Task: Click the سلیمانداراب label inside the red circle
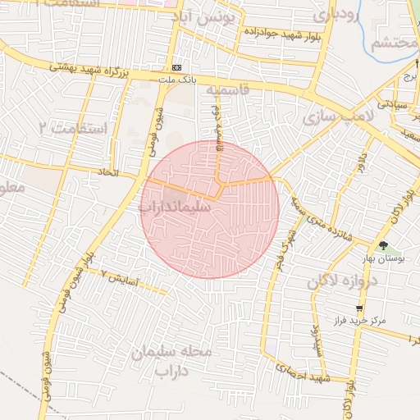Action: click(x=176, y=208)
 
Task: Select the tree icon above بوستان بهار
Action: click(x=384, y=245)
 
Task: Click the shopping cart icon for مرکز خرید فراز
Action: click(x=360, y=308)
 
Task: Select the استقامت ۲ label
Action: click(x=73, y=128)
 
